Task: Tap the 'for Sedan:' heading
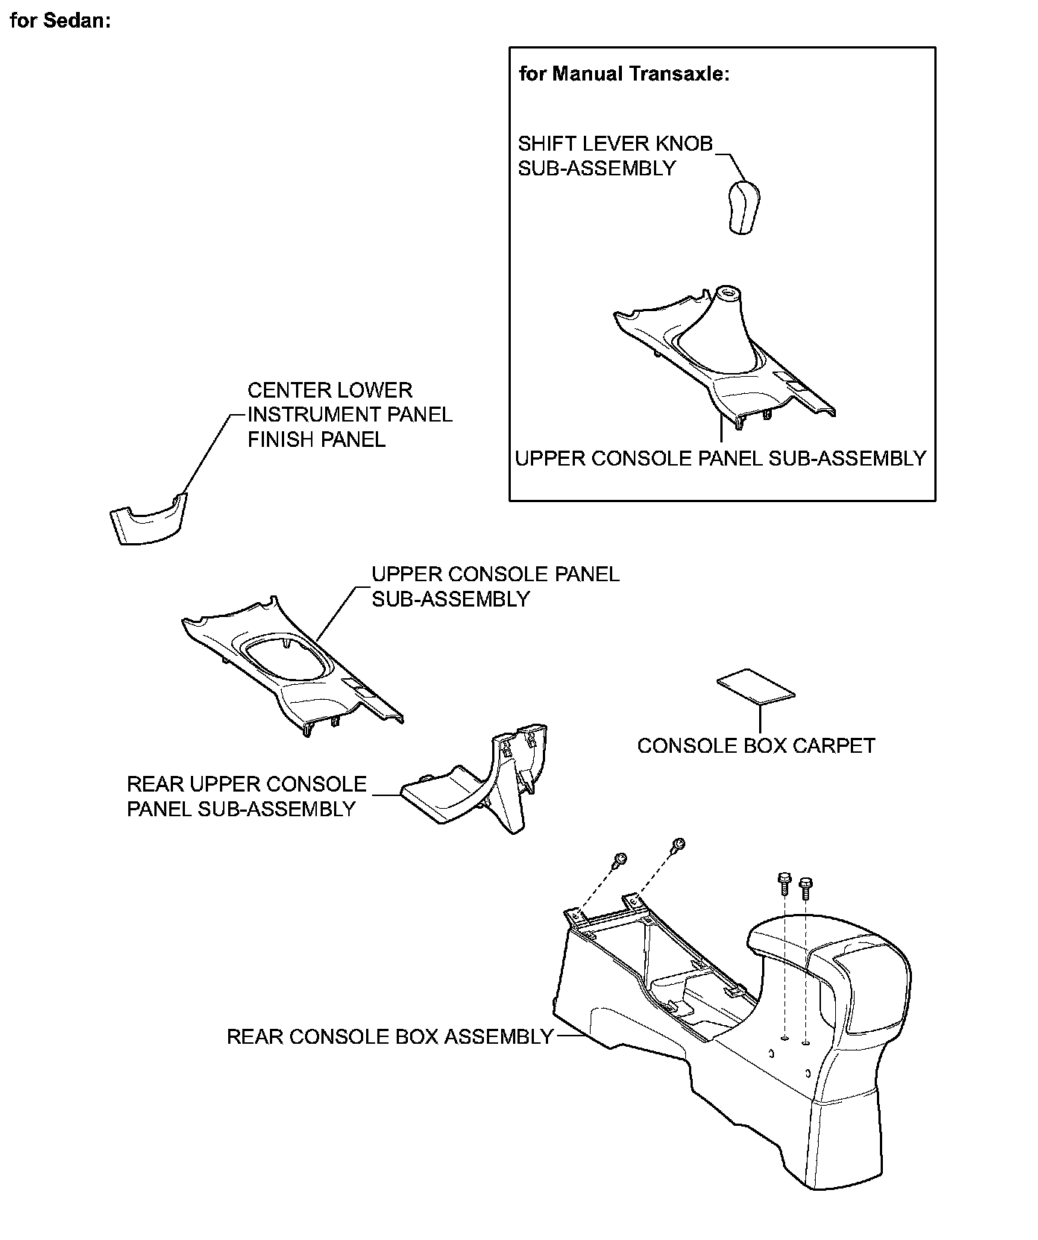tap(60, 20)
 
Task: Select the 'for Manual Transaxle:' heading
tap(623, 73)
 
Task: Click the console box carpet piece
tap(755, 686)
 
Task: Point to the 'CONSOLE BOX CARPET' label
tap(756, 745)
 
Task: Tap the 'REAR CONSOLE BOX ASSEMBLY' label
tap(390, 1036)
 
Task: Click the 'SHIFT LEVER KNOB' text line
tap(615, 143)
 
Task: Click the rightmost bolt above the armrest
tap(805, 887)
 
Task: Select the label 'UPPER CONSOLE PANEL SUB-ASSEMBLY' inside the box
tap(720, 458)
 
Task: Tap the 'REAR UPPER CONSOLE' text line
tap(247, 784)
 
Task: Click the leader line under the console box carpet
tap(760, 718)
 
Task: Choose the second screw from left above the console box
tap(678, 845)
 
